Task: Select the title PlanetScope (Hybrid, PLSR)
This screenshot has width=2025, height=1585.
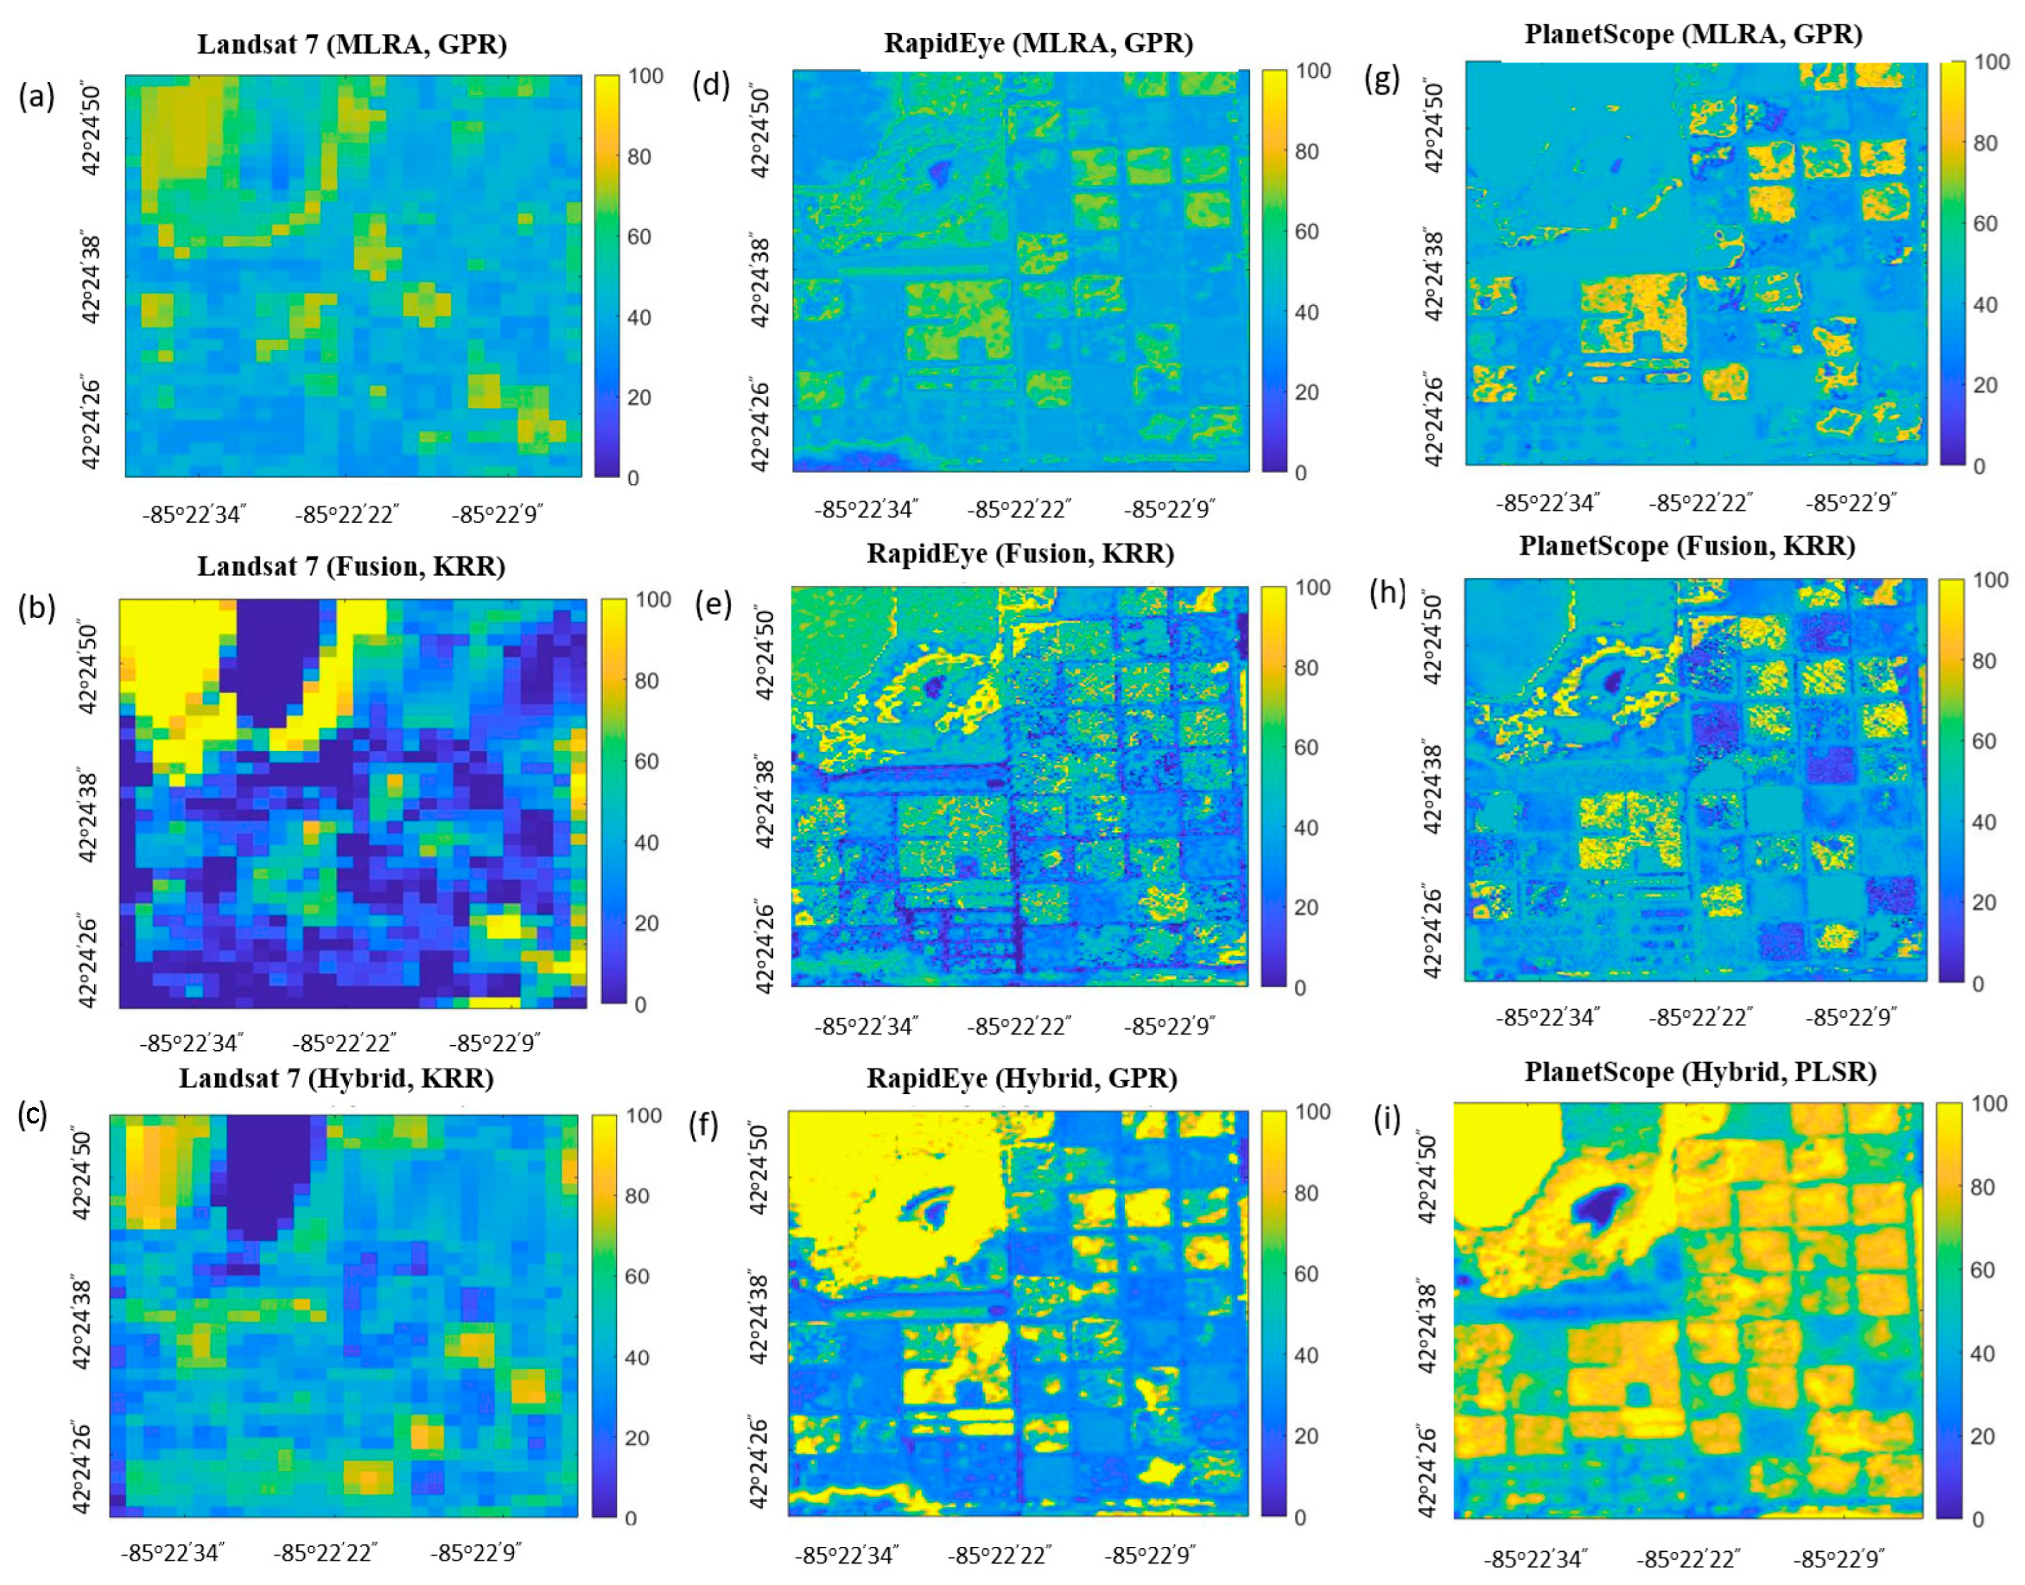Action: [x=1699, y=1073]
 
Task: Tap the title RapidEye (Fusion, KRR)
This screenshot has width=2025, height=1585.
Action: [x=1019, y=554]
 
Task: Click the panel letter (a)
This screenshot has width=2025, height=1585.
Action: [x=36, y=95]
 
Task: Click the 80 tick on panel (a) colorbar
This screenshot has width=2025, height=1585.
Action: [x=639, y=157]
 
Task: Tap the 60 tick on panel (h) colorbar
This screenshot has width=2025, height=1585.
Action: [x=1983, y=742]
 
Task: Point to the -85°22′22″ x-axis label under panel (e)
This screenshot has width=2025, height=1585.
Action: [x=1018, y=1026]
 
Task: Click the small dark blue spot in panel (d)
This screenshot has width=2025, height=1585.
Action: [x=941, y=170]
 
